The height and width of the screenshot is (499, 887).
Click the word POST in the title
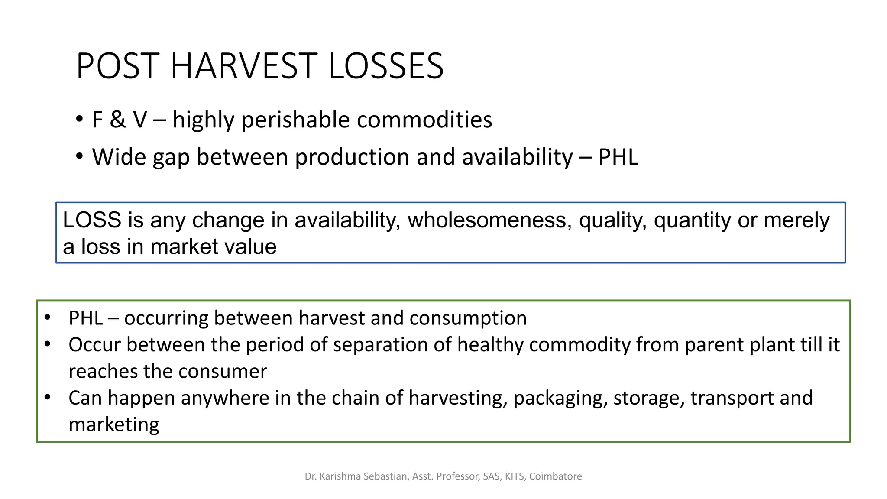[116, 66]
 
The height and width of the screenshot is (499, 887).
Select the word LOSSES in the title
[386, 66]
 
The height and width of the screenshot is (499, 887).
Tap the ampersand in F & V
[117, 120]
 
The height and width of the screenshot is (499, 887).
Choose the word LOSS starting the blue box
[92, 220]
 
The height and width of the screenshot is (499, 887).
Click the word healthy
[490, 345]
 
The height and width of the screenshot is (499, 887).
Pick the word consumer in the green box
[223, 372]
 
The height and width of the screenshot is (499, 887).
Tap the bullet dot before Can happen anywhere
[48, 397]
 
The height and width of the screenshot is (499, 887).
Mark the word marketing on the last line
[114, 424]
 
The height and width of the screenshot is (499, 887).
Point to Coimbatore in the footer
[555, 476]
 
